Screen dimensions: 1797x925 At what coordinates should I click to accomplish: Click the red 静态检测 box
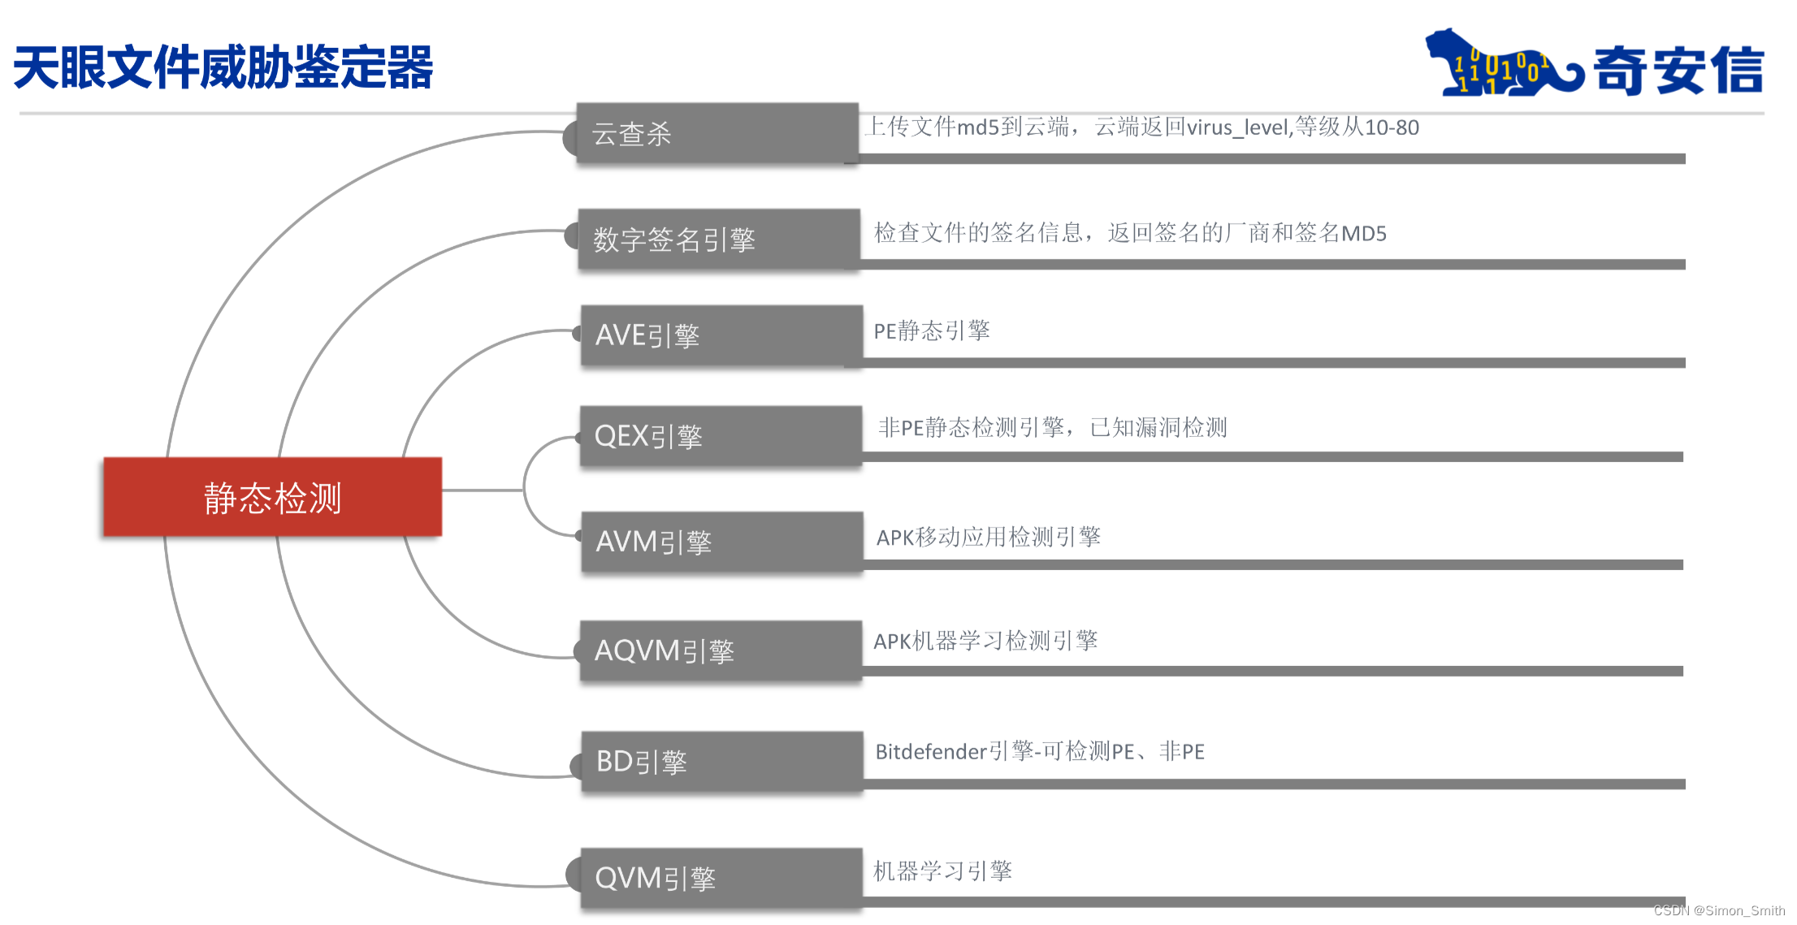tap(273, 497)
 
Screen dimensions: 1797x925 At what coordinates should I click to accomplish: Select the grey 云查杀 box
tap(717, 133)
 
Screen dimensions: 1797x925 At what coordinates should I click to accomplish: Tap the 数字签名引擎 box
tap(719, 239)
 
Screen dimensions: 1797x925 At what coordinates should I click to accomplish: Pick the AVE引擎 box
tap(721, 335)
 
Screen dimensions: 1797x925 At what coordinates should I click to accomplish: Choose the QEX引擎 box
tap(721, 436)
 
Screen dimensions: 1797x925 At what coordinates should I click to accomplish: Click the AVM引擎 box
tap(721, 542)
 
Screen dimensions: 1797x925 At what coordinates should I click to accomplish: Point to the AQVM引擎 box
tap(721, 651)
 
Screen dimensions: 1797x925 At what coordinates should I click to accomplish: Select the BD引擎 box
tap(721, 761)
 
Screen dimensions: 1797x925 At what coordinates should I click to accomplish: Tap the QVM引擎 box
tap(721, 878)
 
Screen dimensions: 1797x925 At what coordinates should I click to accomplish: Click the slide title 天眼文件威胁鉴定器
tap(223, 67)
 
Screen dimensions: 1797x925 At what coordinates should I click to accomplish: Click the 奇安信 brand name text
tap(1678, 71)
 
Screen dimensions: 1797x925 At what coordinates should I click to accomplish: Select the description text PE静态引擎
tap(931, 331)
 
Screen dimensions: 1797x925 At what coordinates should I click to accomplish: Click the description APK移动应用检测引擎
tap(988, 537)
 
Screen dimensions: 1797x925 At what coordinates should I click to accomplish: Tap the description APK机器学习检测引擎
tap(985, 641)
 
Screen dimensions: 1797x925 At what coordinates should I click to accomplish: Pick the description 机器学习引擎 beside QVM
tap(942, 871)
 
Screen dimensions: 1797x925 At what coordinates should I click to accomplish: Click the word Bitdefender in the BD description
tap(931, 752)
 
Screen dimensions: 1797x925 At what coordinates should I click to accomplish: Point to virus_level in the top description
tap(1238, 128)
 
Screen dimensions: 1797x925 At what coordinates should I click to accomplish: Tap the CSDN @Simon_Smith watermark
tap(1719, 910)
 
